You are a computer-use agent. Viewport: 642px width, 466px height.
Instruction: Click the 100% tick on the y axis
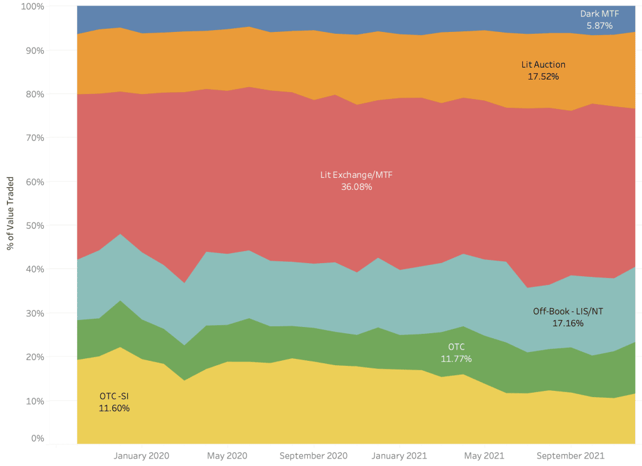32,6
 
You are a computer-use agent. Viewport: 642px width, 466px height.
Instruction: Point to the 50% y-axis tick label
34,225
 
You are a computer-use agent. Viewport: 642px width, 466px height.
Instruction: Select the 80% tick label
34,94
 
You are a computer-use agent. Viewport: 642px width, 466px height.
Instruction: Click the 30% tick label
34,313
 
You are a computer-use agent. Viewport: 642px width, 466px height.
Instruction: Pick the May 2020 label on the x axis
227,455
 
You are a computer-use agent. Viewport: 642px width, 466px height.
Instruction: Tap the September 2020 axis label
313,455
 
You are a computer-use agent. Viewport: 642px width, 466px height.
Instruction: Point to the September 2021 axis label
571,455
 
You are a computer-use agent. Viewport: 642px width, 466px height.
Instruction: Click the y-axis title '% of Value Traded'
11,212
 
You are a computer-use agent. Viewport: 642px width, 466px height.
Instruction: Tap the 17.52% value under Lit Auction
544,76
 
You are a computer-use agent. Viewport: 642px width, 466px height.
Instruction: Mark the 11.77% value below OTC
456,359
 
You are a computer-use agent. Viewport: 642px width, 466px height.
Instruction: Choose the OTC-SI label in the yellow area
114,396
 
